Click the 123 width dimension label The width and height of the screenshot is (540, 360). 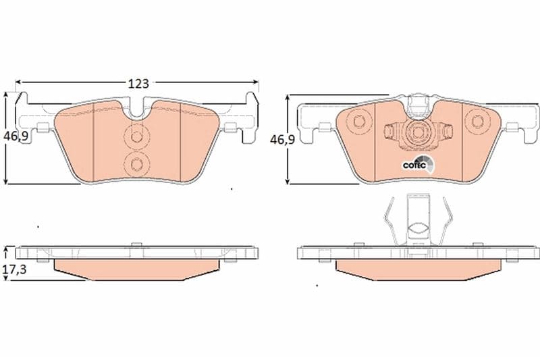tap(138, 83)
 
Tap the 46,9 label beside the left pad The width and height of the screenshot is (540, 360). tap(16, 136)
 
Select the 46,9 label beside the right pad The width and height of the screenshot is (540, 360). tap(282, 140)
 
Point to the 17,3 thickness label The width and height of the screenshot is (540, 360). tap(14, 269)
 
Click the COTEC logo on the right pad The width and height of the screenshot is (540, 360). tap(418, 164)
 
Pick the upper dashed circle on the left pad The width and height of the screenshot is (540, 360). tap(137, 137)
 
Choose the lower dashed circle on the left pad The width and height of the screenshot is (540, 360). tap(137, 164)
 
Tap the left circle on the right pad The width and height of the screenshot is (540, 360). tap(358, 122)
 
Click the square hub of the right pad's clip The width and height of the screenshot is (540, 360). tap(417, 132)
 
